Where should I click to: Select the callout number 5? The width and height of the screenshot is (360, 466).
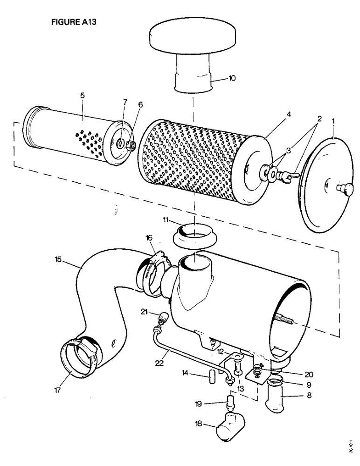pyautogui.click(x=82, y=96)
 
